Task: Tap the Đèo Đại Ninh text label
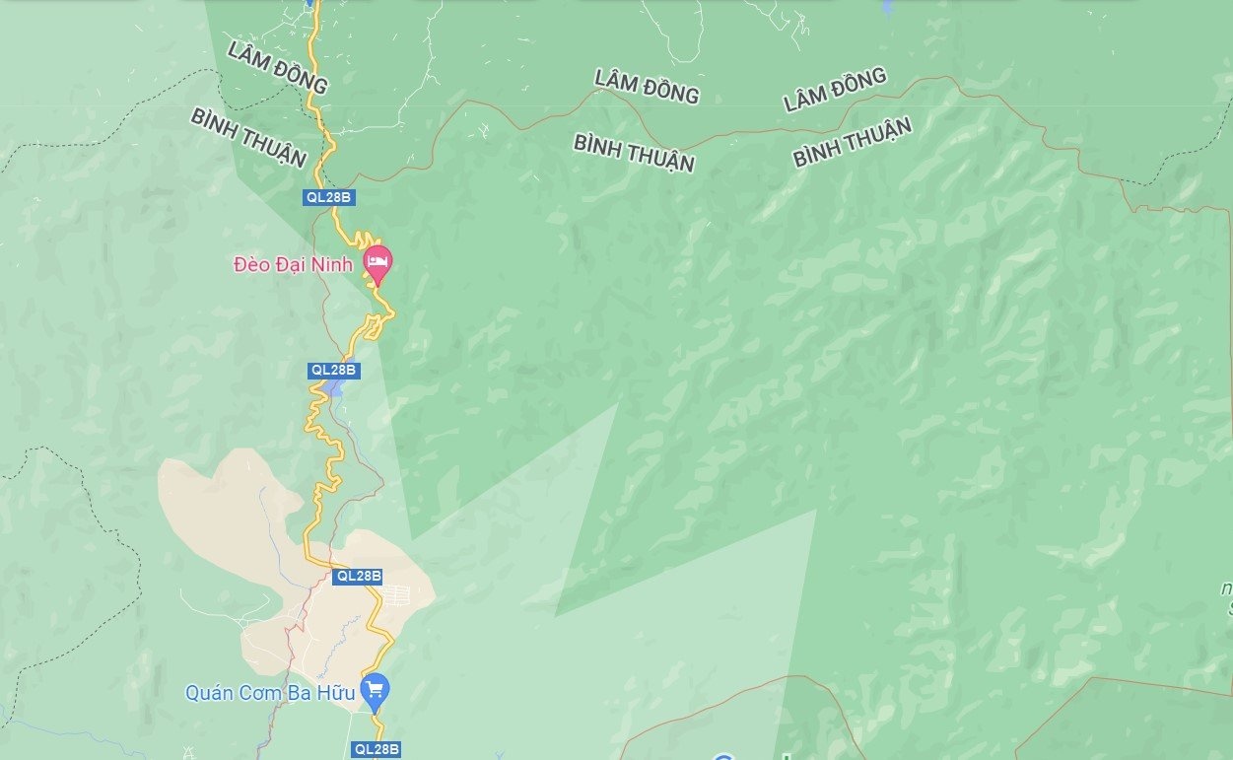pyautogui.click(x=293, y=264)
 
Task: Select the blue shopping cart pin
pyautogui.click(x=375, y=689)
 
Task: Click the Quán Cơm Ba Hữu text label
pyautogui.click(x=269, y=693)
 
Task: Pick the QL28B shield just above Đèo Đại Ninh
pyautogui.click(x=329, y=197)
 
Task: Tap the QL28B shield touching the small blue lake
pyautogui.click(x=334, y=371)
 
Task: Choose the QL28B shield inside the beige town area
pyautogui.click(x=358, y=576)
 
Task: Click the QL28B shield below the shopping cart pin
pyautogui.click(x=377, y=750)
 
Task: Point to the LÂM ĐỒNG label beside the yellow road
pyautogui.click(x=277, y=67)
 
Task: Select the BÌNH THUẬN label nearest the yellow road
pyautogui.click(x=248, y=138)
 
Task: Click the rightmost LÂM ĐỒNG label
pyautogui.click(x=835, y=90)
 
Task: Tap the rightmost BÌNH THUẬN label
pyautogui.click(x=852, y=142)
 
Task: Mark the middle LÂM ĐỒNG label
pyautogui.click(x=647, y=87)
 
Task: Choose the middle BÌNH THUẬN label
pyautogui.click(x=634, y=153)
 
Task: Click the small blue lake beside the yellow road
pyautogui.click(x=337, y=388)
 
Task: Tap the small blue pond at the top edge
pyautogui.click(x=887, y=8)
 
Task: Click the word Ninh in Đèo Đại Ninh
pyautogui.click(x=333, y=264)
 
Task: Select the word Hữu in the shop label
pyautogui.click(x=336, y=693)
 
